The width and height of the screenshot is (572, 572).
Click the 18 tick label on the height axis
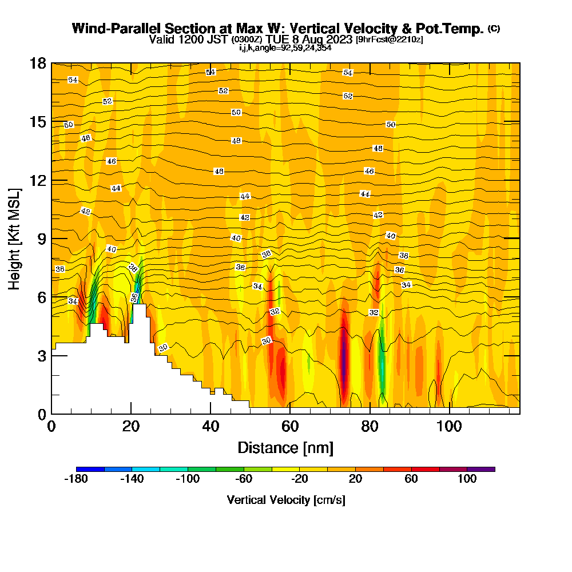(x=38, y=63)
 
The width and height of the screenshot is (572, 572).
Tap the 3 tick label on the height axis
(x=42, y=355)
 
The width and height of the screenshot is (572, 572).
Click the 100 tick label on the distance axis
(x=450, y=426)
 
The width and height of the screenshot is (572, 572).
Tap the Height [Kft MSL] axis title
(x=15, y=238)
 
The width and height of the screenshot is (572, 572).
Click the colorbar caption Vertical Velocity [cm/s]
(x=285, y=500)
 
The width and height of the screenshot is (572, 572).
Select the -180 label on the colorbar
(x=76, y=479)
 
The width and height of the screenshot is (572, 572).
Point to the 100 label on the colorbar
(x=467, y=479)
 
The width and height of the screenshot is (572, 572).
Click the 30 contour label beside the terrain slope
(x=163, y=348)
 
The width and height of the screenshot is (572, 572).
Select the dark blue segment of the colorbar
(x=90, y=469)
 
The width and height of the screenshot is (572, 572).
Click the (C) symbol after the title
(x=494, y=29)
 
